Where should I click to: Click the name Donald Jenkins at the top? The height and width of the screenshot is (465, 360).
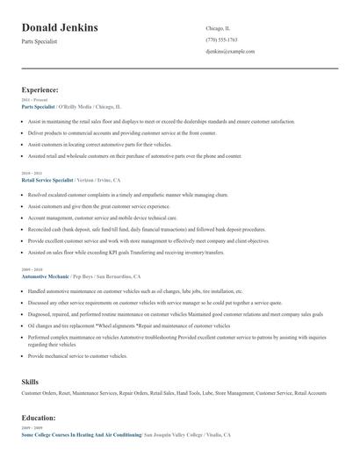coord(60,28)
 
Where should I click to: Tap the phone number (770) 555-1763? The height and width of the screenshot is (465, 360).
coord(221,40)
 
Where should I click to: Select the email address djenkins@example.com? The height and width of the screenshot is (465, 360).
coord(230,52)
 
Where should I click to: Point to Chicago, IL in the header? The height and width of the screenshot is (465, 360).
coord(218,28)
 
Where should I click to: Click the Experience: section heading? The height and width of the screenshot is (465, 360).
coord(40,89)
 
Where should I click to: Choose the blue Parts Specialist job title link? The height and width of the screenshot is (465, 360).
coord(39,106)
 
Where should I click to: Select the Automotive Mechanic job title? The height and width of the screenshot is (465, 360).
coord(45,275)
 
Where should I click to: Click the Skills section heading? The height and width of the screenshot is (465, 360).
coord(30,383)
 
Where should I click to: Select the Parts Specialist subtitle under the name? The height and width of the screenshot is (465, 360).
coord(40,41)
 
